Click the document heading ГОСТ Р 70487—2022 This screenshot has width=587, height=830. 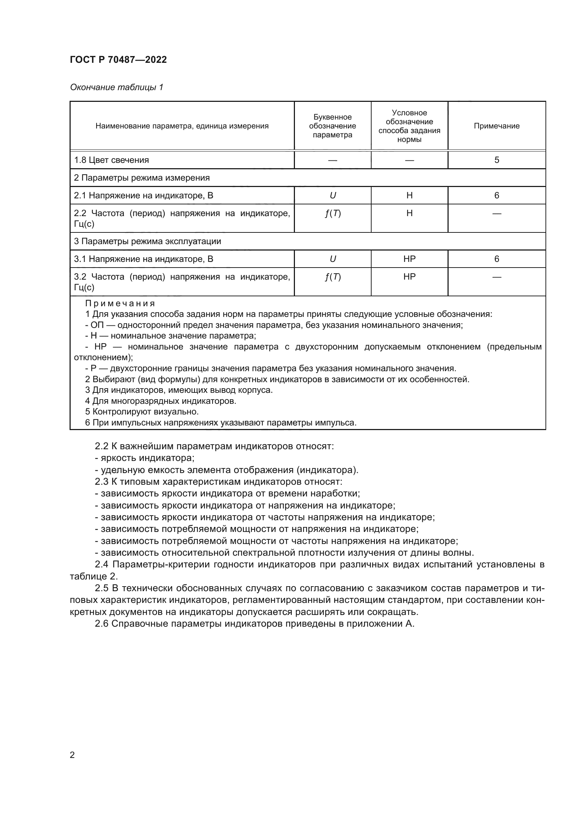(118, 60)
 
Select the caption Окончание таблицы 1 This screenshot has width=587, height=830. (116, 87)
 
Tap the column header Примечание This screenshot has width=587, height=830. (496, 126)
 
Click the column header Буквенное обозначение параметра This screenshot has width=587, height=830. (332, 126)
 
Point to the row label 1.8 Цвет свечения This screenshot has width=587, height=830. (111, 160)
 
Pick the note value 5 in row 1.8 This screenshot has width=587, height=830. (496, 160)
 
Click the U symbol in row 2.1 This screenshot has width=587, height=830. (333, 196)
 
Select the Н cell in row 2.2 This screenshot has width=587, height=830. (409, 213)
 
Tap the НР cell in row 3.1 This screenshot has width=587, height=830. (409, 259)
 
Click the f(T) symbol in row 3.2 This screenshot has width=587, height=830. (333, 277)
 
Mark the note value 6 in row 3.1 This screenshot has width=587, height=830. (496, 259)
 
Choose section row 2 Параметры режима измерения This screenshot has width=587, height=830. (142, 178)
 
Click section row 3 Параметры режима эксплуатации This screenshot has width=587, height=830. (148, 241)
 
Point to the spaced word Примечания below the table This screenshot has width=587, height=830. (120, 303)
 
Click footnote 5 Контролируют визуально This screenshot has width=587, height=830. (142, 411)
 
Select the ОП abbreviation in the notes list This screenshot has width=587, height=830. (97, 325)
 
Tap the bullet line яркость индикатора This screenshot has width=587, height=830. (144, 458)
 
